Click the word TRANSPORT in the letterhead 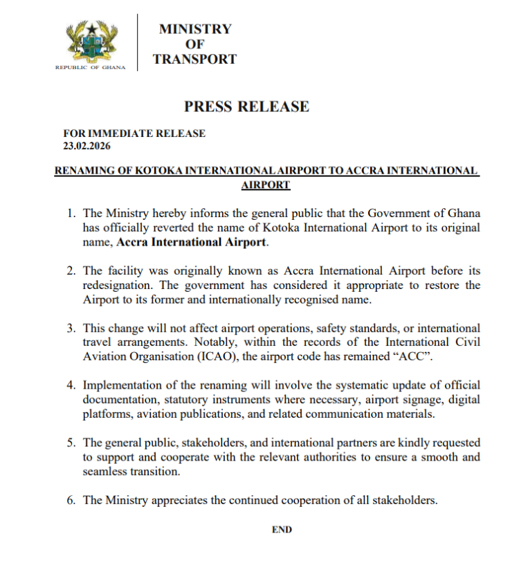point(194,59)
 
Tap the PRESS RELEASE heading point(246,106)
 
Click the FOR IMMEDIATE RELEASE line point(134,133)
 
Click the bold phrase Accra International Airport point(191,243)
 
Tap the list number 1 point(71,212)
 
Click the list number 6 point(71,500)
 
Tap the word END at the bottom point(282,530)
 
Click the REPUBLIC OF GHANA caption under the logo point(90,67)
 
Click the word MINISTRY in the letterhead point(195,29)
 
